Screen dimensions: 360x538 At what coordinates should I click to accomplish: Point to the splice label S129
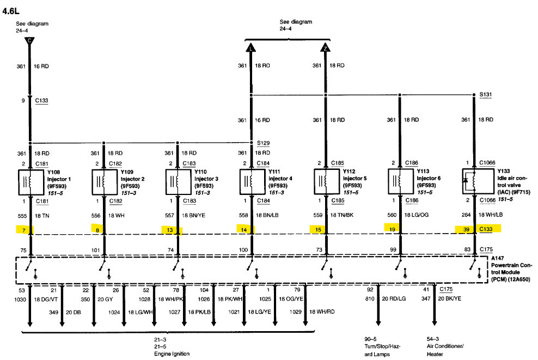(x=263, y=143)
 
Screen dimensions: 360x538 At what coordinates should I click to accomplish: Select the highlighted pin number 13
(x=170, y=229)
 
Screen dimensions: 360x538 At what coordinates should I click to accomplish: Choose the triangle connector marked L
(x=250, y=48)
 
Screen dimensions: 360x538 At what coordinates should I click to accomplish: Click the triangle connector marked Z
(x=325, y=48)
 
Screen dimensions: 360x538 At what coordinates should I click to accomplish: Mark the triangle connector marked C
(x=30, y=40)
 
